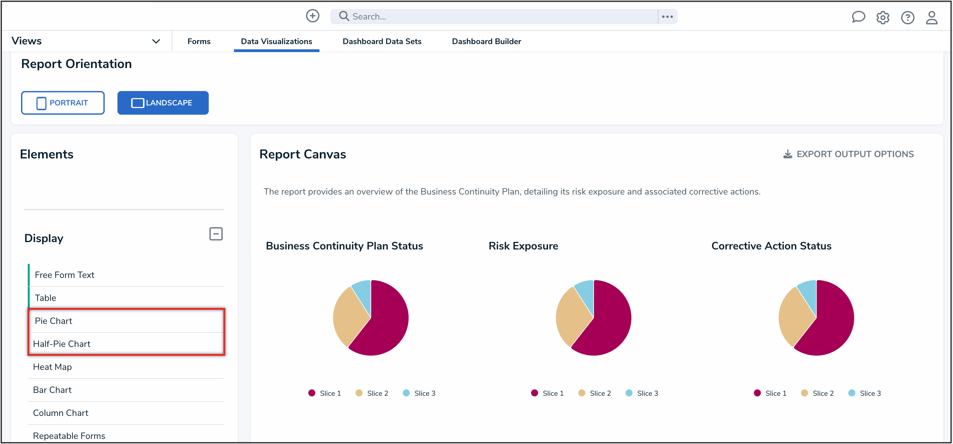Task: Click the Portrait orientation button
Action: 63,103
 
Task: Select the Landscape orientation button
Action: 163,103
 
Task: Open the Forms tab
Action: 199,42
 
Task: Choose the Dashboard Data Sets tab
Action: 381,42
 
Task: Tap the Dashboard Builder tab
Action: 486,42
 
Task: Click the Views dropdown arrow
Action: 156,41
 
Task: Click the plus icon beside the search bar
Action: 312,16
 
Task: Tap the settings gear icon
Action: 882,17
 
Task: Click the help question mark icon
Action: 907,17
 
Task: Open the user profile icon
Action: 931,17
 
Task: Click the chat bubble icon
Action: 858,17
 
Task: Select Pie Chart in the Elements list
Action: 53,321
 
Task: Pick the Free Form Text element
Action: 64,275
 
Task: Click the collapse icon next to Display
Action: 216,234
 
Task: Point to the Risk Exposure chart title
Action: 523,246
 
